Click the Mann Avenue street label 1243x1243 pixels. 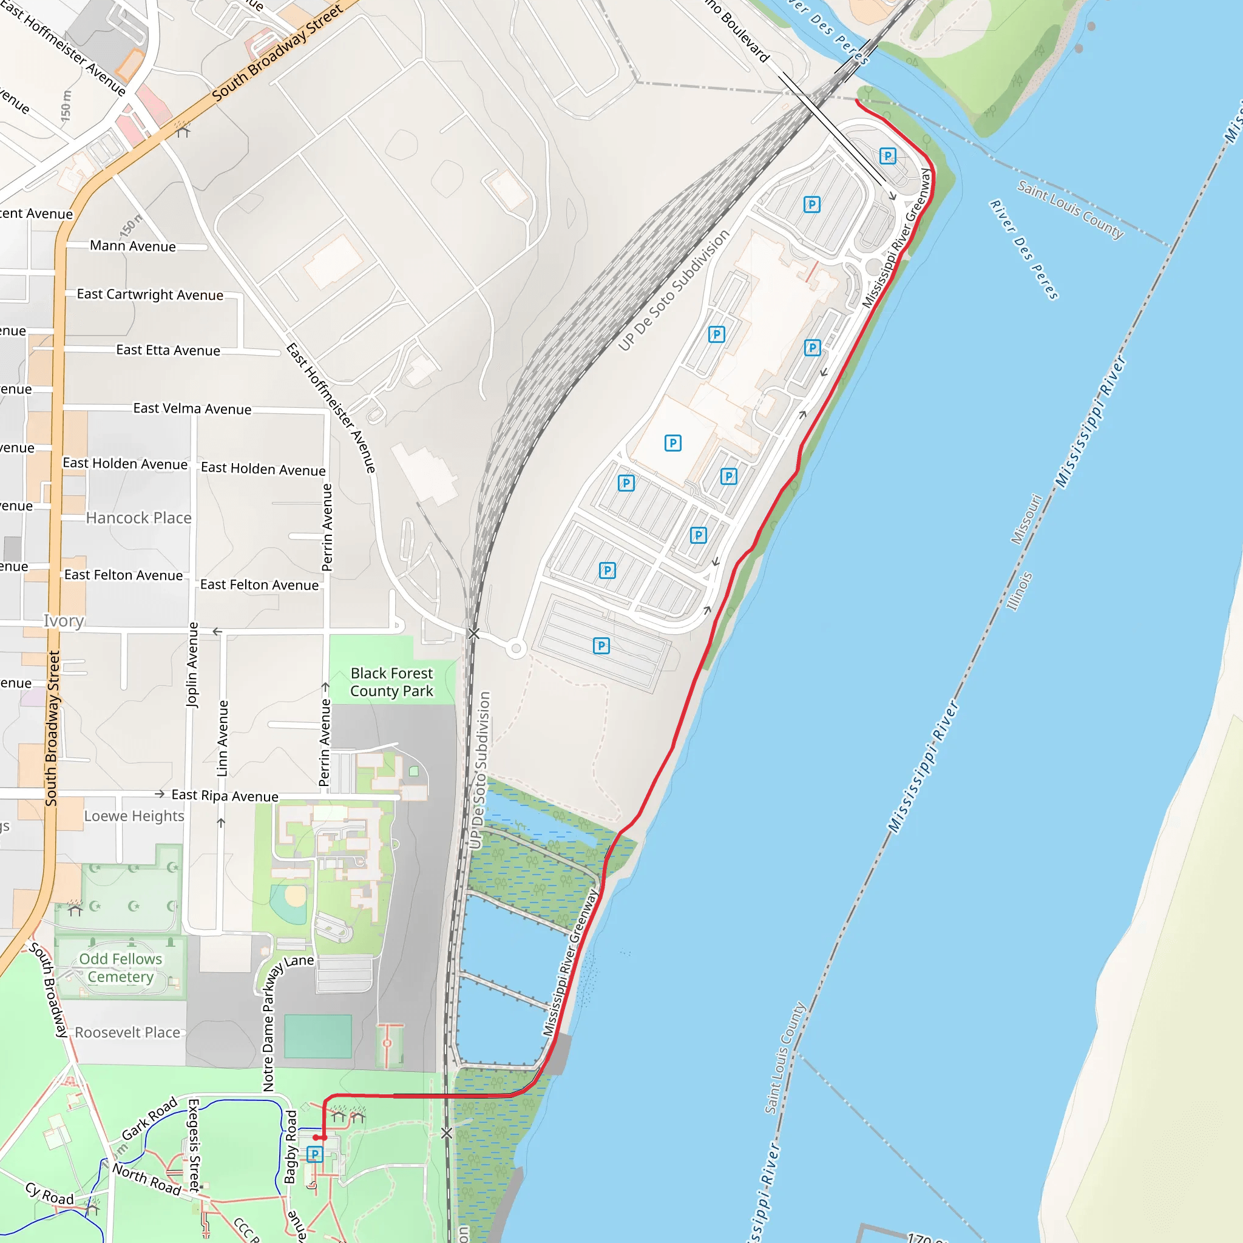click(132, 246)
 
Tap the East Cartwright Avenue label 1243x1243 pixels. click(150, 294)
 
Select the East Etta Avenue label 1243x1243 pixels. click(168, 350)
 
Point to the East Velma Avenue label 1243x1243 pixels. click(192, 408)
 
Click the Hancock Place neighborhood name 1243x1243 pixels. click(138, 518)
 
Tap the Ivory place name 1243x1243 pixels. click(63, 621)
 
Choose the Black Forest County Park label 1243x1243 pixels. click(391, 682)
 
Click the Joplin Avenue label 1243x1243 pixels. click(192, 665)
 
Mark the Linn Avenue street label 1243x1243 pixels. click(223, 738)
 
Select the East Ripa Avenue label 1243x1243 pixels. click(225, 796)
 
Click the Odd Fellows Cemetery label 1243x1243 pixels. click(120, 967)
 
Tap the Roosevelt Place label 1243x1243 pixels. click(127, 1032)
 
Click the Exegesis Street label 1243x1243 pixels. click(193, 1145)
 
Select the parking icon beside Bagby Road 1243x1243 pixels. click(314, 1154)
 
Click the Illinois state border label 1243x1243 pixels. click(1019, 591)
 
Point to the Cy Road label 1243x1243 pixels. click(50, 1193)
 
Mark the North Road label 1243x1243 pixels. click(147, 1179)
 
